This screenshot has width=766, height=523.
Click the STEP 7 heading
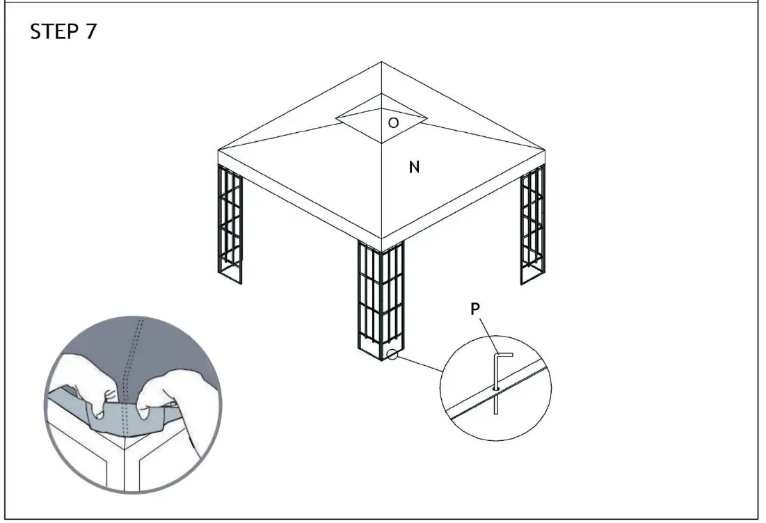(63, 33)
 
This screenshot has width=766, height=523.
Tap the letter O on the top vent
(393, 123)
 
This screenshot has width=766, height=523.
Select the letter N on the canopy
(414, 167)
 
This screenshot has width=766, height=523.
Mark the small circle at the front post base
(392, 355)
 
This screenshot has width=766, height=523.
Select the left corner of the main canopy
(218, 150)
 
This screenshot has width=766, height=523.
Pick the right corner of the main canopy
(545, 150)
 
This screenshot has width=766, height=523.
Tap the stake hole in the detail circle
(495, 387)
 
